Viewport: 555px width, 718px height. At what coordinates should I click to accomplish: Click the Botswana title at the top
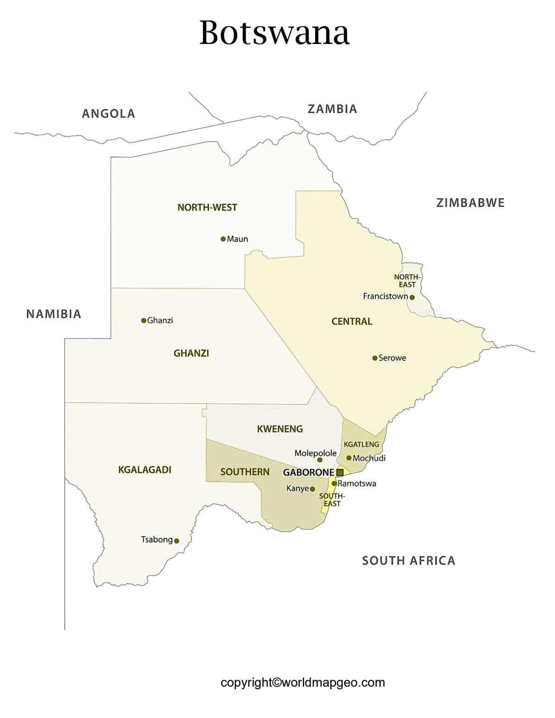coord(274,33)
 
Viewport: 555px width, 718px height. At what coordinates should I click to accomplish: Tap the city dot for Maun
coord(223,239)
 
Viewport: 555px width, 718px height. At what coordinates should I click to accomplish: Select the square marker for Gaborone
coord(340,473)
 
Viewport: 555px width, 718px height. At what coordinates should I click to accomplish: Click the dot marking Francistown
coord(412,297)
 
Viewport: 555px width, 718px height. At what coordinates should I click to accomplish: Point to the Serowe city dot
coord(375,358)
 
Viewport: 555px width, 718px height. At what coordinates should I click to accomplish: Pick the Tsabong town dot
coord(177,541)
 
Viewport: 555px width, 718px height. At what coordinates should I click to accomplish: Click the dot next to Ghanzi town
coord(144,321)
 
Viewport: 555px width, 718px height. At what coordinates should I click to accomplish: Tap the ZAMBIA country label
coord(332,109)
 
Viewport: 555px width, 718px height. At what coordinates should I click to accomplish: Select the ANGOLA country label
coord(108,114)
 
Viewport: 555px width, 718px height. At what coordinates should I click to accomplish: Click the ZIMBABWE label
coord(470,203)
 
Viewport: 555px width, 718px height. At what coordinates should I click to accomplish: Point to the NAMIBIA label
coord(54,314)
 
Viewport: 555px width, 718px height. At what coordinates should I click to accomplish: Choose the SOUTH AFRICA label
coord(408,560)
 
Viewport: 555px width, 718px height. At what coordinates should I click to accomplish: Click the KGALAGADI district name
coord(144,470)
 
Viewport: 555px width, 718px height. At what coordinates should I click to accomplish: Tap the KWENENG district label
coord(280,429)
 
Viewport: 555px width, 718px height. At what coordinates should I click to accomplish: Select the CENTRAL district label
coord(352,322)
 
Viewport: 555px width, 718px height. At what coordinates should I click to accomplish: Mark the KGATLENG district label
coord(361,444)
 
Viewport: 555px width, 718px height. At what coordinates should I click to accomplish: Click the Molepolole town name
coord(315,453)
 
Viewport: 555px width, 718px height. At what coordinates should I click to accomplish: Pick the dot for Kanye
coord(312,489)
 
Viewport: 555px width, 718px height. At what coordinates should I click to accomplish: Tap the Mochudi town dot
coord(349,458)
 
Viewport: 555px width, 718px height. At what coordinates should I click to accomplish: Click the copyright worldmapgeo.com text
coord(303,682)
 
